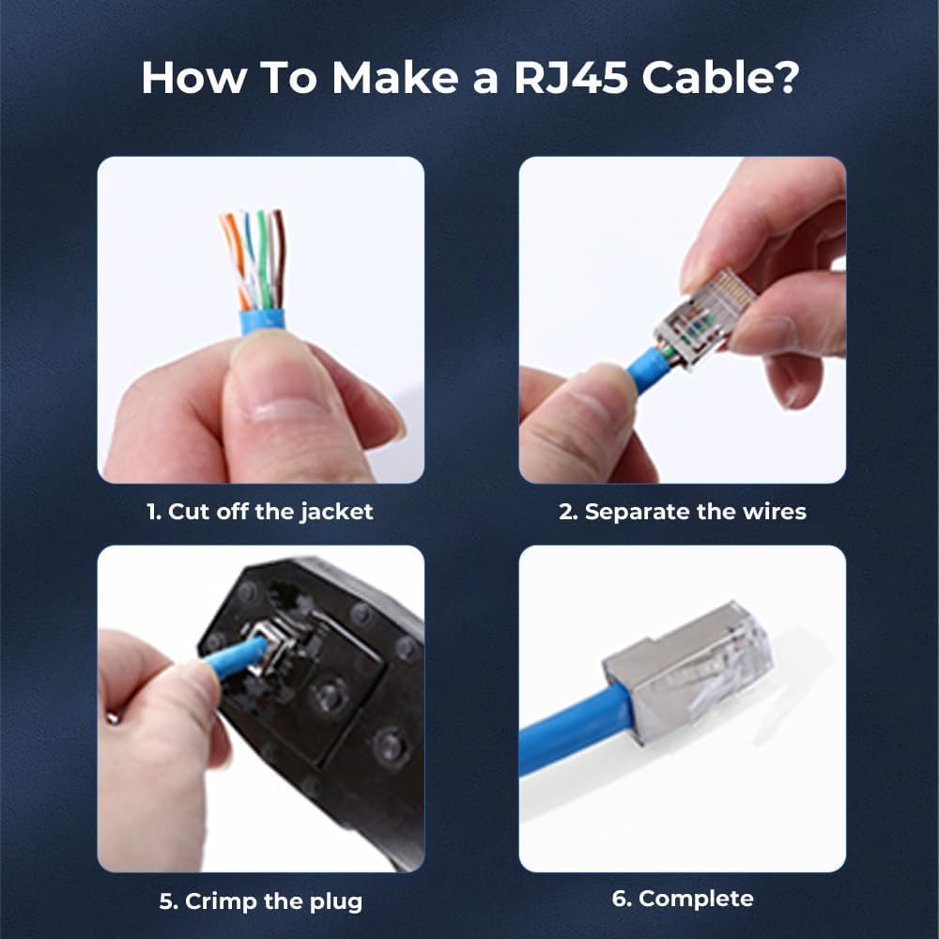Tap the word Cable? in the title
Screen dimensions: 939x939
click(x=719, y=78)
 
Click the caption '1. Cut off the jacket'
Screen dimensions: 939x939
click(x=260, y=512)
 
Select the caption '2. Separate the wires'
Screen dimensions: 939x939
click(x=683, y=512)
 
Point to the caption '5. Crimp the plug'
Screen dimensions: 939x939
click(x=260, y=902)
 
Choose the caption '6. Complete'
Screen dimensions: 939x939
click(x=683, y=899)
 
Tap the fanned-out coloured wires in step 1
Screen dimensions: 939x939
click(x=254, y=254)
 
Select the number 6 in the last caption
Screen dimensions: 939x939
click(x=619, y=899)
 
